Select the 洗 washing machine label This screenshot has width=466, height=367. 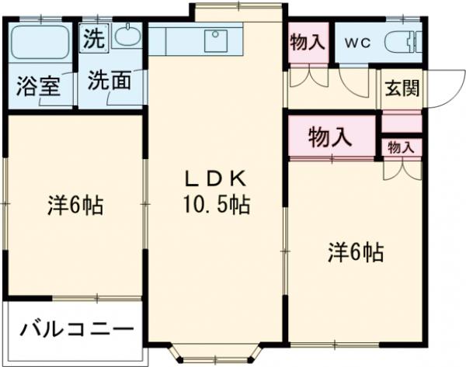click(x=93, y=40)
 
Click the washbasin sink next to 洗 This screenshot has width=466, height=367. click(x=126, y=36)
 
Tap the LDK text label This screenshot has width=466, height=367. click(x=215, y=179)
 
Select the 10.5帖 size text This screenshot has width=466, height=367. click(x=217, y=206)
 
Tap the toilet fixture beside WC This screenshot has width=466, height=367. click(x=402, y=40)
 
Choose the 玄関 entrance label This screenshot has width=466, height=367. click(x=401, y=87)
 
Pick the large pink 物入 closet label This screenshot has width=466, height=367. click(x=330, y=138)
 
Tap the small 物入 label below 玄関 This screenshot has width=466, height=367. click(x=401, y=147)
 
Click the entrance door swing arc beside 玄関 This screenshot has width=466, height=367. click(x=440, y=87)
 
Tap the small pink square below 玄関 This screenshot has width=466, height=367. click(x=401, y=123)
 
